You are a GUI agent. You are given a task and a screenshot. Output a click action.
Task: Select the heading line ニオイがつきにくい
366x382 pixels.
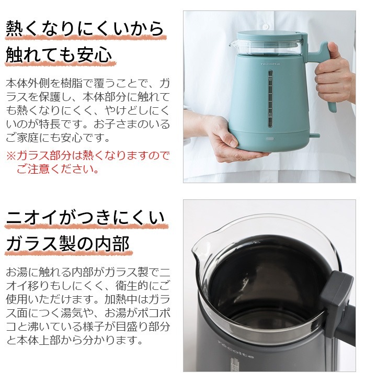pyautogui.click(x=85, y=218)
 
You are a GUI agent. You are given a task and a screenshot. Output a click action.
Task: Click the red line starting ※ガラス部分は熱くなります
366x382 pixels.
pyautogui.click(x=88, y=156)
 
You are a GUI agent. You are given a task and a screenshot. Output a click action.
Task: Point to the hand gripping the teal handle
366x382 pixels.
pyautogui.click(x=335, y=78)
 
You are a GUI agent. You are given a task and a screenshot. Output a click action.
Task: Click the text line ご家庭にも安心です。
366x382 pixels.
pyautogui.click(x=58, y=138)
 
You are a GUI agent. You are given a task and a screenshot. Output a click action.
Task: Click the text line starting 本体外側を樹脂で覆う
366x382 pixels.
pyautogui.click(x=88, y=84)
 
